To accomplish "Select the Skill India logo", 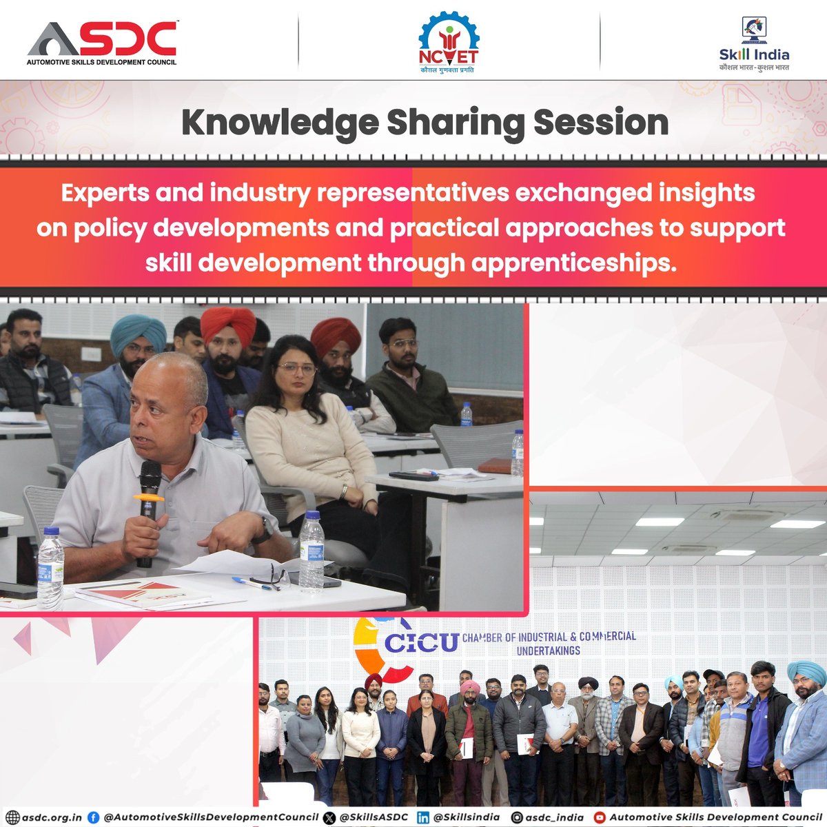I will pyautogui.click(x=754, y=44).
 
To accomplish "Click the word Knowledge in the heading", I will pyautogui.click(x=279, y=123).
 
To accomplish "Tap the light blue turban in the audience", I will pyautogui.click(x=139, y=332).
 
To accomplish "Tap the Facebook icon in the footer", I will pyautogui.click(x=93, y=817).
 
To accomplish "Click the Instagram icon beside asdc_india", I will pyautogui.click(x=516, y=817).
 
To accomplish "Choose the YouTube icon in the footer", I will pyautogui.click(x=600, y=817).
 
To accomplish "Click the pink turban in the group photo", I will pyautogui.click(x=469, y=688).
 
